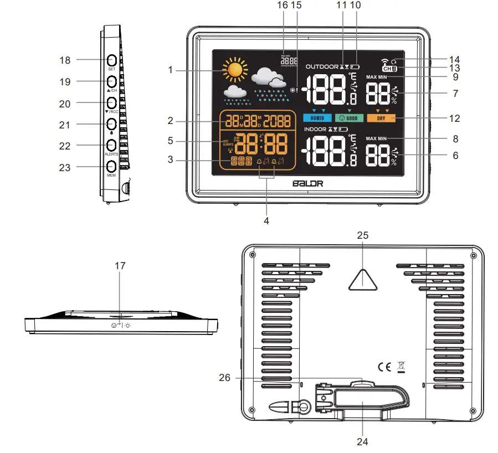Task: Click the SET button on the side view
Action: pyautogui.click(x=111, y=60)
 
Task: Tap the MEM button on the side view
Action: pyautogui.click(x=111, y=166)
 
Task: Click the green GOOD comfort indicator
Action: pyautogui.click(x=349, y=118)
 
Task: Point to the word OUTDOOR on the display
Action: pyautogui.click(x=321, y=66)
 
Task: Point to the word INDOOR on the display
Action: pyautogui.click(x=315, y=129)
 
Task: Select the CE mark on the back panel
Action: pyautogui.click(x=384, y=366)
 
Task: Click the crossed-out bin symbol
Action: pyautogui.click(x=401, y=366)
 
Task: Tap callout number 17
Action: pyautogui.click(x=120, y=266)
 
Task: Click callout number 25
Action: pyautogui.click(x=362, y=235)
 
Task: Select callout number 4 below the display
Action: pyautogui.click(x=266, y=220)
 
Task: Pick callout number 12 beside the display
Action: pyautogui.click(x=455, y=119)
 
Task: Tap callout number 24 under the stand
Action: pyautogui.click(x=362, y=441)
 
